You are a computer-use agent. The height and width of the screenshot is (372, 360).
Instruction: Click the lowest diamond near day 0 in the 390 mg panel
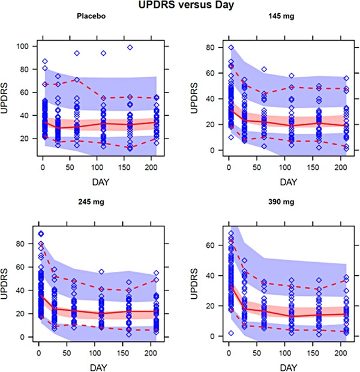point(229,333)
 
